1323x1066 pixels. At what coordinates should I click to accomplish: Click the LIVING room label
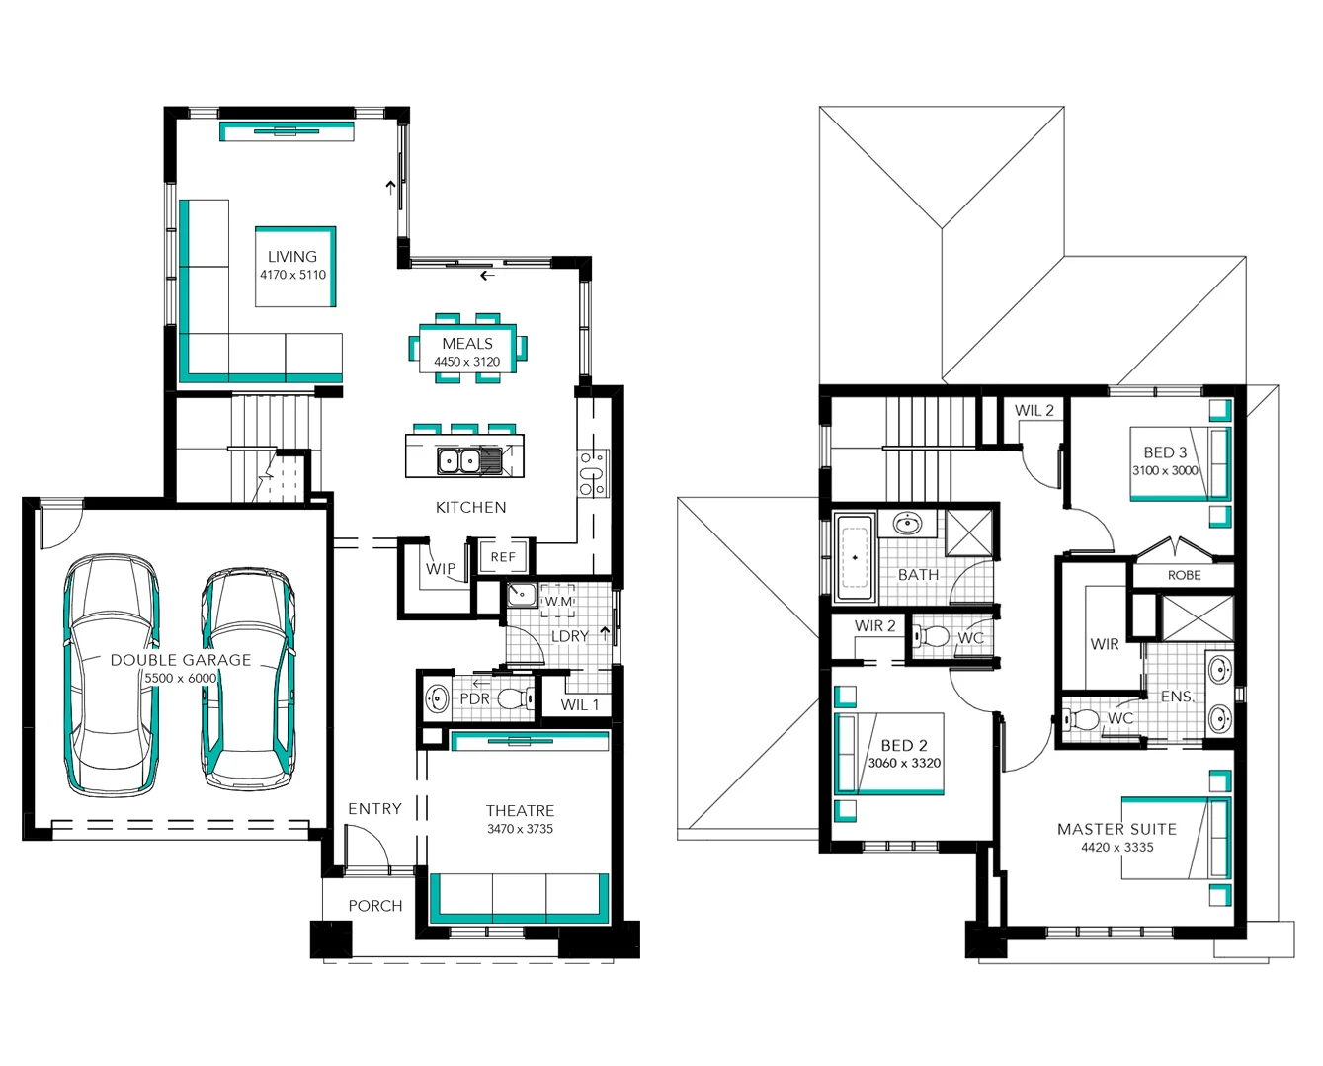click(292, 257)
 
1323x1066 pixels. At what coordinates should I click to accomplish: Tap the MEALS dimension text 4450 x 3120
click(467, 362)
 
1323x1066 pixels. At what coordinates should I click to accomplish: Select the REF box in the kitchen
click(503, 557)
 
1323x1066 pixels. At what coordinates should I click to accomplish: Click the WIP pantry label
click(441, 569)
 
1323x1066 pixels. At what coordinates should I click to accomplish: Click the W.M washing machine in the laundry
click(558, 601)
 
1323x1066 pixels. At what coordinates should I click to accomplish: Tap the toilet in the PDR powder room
click(513, 698)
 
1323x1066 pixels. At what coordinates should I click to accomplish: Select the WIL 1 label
click(579, 704)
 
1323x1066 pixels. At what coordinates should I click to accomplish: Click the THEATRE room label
click(520, 810)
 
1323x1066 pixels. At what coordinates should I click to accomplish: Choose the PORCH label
click(375, 906)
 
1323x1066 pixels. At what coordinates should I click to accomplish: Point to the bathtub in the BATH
click(855, 559)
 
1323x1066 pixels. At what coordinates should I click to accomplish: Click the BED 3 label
click(1165, 452)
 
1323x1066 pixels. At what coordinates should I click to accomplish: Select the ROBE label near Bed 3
click(1184, 575)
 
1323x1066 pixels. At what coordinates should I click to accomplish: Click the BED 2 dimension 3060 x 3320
click(904, 763)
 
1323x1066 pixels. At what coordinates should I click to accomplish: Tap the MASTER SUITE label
click(1116, 829)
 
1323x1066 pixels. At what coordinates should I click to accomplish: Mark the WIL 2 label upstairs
click(1034, 411)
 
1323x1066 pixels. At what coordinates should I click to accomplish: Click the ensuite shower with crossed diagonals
click(1197, 618)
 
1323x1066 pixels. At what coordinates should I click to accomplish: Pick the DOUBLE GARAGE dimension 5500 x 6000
click(181, 678)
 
